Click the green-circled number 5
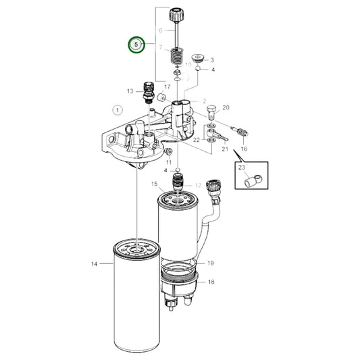tap(137, 45)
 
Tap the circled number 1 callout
tap(118, 109)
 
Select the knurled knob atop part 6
tap(179, 13)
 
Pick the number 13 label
tap(130, 91)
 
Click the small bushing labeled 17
tap(162, 98)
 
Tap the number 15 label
tap(155, 184)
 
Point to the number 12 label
tap(199, 184)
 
